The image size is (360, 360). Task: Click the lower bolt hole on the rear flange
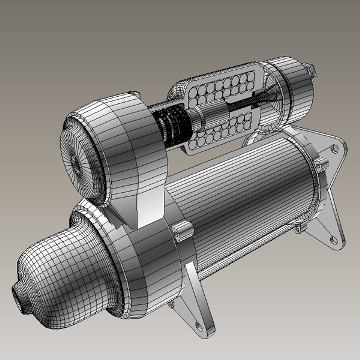[x=333, y=239]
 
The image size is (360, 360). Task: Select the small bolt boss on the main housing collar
[x=183, y=231]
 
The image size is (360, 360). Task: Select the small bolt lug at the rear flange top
[x=321, y=165]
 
